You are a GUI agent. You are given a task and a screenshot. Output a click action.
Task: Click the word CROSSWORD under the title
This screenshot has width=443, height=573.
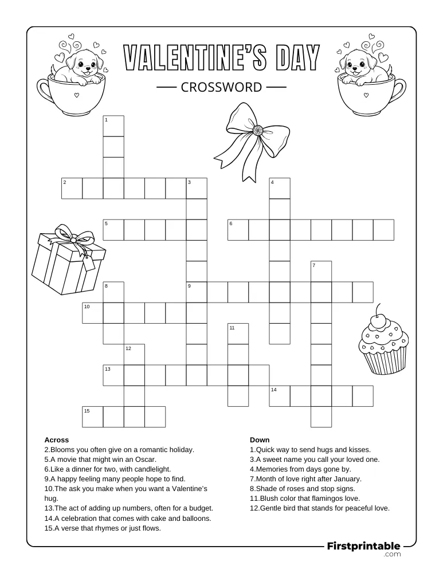click(221, 87)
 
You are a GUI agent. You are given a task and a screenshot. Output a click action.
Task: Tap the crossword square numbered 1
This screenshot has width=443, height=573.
click(113, 125)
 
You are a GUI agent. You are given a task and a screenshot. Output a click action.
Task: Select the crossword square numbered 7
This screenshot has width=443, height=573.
click(322, 271)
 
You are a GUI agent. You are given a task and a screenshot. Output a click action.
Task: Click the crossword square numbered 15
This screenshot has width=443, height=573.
click(93, 417)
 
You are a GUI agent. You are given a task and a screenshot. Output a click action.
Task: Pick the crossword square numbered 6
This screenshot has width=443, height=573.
click(238, 229)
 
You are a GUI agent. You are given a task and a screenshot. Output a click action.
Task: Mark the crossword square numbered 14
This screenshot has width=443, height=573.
click(280, 396)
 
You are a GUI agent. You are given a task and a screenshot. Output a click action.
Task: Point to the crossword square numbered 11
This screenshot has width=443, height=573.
click(238, 333)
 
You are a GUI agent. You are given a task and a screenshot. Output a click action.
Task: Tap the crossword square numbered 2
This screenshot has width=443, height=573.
click(72, 188)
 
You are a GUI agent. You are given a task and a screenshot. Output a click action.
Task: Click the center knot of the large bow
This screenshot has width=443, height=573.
click(258, 131)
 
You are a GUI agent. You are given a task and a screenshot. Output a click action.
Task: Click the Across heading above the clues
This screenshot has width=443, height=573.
click(57, 440)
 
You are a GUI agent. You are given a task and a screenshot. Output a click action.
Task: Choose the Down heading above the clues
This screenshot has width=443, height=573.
click(260, 440)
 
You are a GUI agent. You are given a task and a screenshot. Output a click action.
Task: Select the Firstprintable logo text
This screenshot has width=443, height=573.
click(363, 546)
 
